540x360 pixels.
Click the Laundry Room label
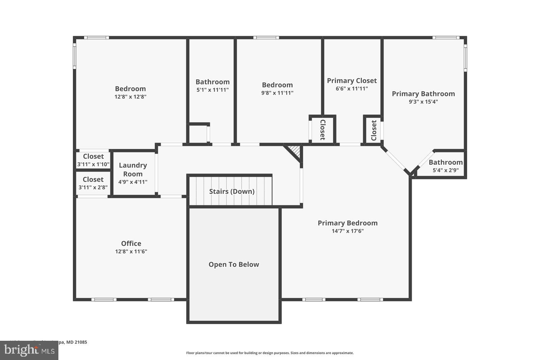pos(133,170)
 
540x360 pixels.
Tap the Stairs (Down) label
pos(232,191)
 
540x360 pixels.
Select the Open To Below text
pos(234,264)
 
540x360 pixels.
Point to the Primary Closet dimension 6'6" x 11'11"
pos(352,89)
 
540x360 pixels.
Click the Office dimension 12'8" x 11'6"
pos(131,252)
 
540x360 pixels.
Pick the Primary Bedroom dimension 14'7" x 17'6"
pos(347,231)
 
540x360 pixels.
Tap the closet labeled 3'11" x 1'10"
pos(93,160)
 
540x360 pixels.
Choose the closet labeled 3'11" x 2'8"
pos(93,183)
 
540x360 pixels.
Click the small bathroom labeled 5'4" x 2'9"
pos(446,166)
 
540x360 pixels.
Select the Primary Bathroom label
pos(423,94)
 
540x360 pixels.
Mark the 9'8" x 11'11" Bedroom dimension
pos(277,93)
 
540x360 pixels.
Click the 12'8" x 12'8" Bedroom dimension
pos(130,97)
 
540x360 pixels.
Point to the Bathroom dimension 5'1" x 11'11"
pos(212,90)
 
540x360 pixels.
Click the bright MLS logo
pos(29,350)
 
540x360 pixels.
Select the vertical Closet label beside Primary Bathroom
pos(374,130)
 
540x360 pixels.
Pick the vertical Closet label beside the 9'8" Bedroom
pos(322,130)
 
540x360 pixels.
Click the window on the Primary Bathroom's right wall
pos(465,58)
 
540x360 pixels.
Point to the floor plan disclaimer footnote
pos(270,353)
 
